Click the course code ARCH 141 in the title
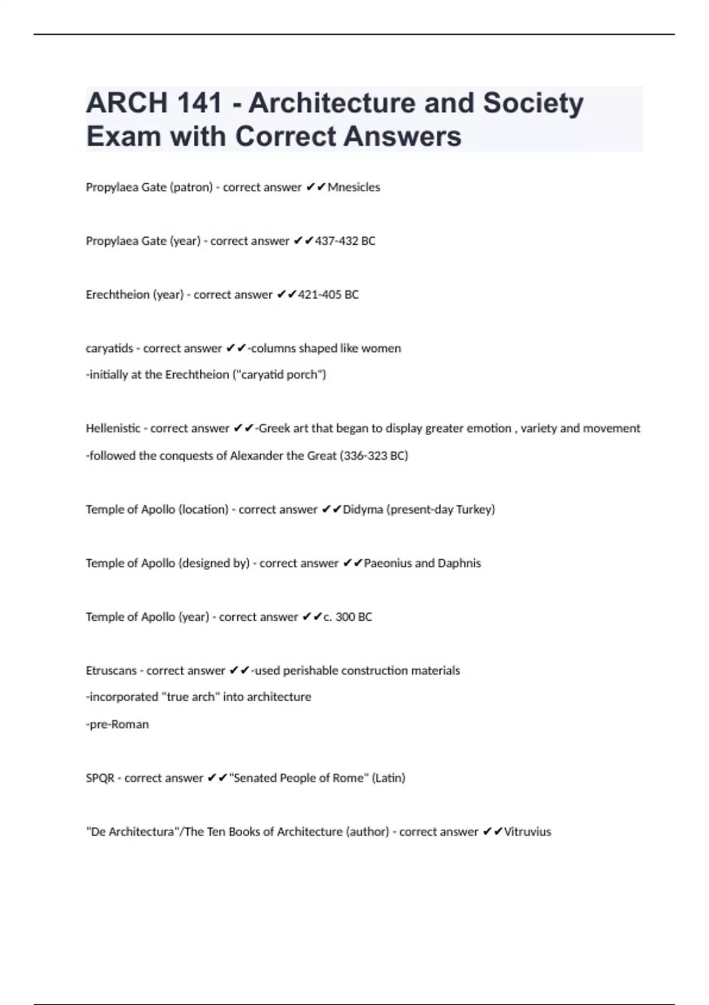(154, 103)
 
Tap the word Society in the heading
(533, 103)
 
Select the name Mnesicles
(354, 187)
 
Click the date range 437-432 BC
(345, 241)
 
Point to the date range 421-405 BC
(329, 295)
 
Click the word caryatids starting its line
(109, 349)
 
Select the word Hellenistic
(113, 429)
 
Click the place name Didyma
(363, 510)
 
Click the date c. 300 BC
(347, 617)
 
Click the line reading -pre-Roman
(118, 725)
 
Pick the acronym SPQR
(100, 779)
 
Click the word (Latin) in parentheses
(388, 779)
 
